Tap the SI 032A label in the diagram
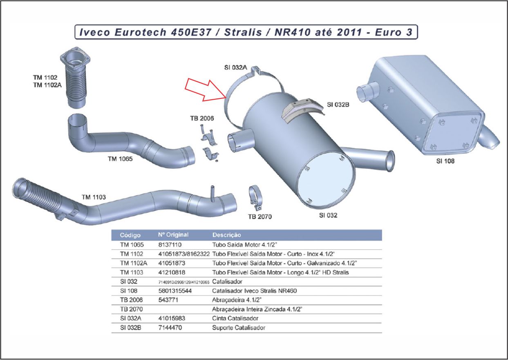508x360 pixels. pyautogui.click(x=236, y=67)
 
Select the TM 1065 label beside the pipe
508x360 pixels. pyautogui.click(x=120, y=159)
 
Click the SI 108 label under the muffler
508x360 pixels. pyautogui.click(x=445, y=161)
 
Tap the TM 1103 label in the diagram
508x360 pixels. pyautogui.click(x=94, y=197)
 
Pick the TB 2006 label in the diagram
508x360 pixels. pyautogui.click(x=202, y=118)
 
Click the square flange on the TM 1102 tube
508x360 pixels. pyautogui.click(x=76, y=59)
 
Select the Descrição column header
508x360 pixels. pyautogui.click(x=226, y=235)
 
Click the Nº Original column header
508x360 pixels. pyautogui.click(x=173, y=235)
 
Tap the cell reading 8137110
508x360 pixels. pyautogui.click(x=170, y=245)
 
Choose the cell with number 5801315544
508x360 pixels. pyautogui.click(x=175, y=291)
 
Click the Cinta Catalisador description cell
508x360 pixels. pyautogui.click(x=235, y=318)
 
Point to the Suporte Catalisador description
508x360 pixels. pyautogui.click(x=239, y=328)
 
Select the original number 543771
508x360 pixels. pyautogui.click(x=168, y=300)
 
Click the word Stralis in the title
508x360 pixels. pyautogui.click(x=243, y=32)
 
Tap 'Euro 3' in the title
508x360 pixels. pyautogui.click(x=394, y=32)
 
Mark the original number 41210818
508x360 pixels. pyautogui.click(x=172, y=272)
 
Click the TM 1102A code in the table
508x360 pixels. pyautogui.click(x=134, y=263)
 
